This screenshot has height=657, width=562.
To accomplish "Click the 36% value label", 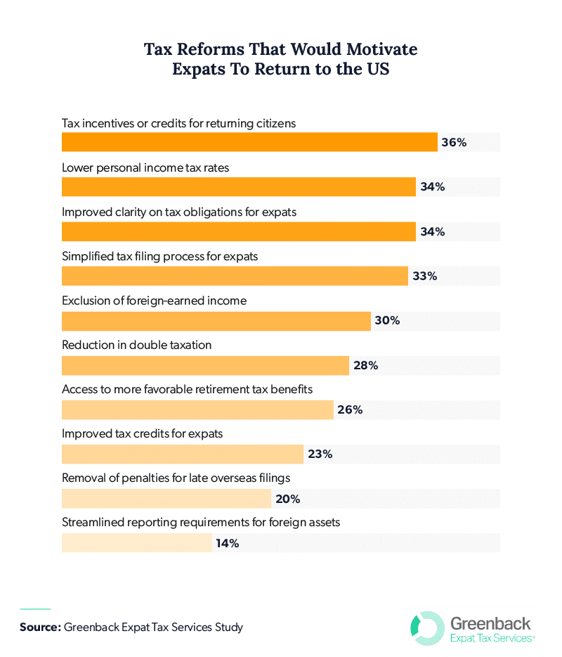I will click(454, 142).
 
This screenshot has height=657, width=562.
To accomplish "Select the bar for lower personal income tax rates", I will click(239, 187).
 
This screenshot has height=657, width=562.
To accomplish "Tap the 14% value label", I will click(228, 543).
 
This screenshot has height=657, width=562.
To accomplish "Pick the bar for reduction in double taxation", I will click(205, 365).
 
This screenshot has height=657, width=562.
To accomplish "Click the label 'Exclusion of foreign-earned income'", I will click(155, 300).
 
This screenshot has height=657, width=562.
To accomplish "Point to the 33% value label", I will click(424, 276).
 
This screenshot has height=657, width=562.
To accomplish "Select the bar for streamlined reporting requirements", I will click(137, 543).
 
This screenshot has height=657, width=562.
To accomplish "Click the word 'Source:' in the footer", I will click(40, 627).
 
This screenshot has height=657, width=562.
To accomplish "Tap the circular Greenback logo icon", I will click(426, 627).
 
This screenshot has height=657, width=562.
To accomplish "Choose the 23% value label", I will click(320, 454).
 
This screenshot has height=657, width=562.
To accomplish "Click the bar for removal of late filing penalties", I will click(166, 499).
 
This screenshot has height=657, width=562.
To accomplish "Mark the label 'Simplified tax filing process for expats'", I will click(160, 256).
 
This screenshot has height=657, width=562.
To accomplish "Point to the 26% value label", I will click(350, 409).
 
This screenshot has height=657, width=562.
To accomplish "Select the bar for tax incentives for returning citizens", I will click(249, 142).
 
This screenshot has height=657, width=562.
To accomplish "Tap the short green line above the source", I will click(35, 608).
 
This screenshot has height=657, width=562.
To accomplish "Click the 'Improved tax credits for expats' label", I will click(143, 433).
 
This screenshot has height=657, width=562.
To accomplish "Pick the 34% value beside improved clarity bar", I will click(432, 231).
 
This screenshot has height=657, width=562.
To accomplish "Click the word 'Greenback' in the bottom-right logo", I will click(490, 622).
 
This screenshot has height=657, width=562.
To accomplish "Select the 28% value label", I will click(366, 365).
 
